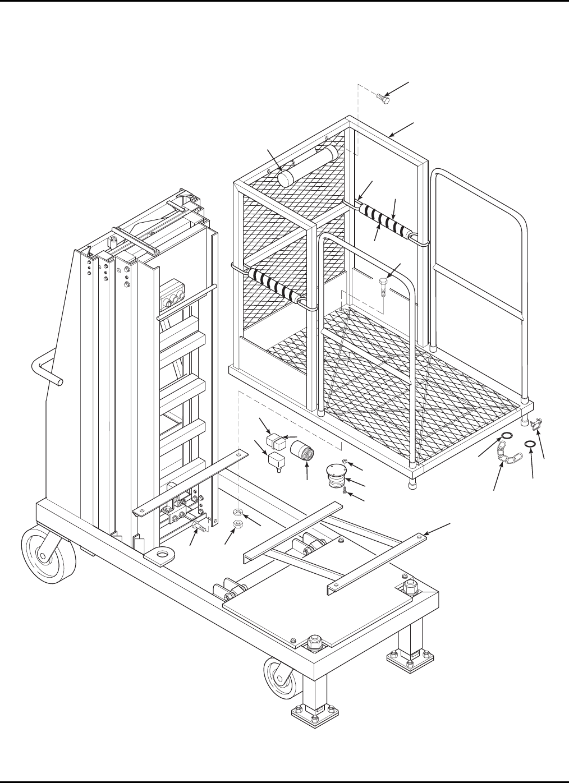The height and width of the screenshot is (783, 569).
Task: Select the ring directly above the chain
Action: click(506, 436)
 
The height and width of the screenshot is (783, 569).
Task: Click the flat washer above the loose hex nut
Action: click(238, 513)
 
